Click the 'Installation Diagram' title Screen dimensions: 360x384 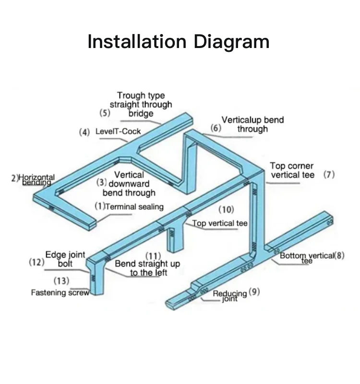178,42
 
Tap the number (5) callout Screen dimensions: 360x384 105,114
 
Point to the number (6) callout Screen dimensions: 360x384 216,128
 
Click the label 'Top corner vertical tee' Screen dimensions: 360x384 292,170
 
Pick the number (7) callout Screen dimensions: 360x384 329,175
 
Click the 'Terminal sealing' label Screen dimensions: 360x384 134,207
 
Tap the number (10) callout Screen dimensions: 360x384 226,209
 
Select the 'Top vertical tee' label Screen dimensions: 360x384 220,223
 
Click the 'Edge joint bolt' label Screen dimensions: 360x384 65,259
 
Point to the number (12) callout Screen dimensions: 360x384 36,262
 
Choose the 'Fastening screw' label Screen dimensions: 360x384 60,292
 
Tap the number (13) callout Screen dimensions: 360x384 61,280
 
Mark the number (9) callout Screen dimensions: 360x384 254,291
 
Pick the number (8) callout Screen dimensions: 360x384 339,255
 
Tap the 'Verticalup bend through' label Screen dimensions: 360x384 252,124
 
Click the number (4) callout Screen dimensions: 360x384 84,132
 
